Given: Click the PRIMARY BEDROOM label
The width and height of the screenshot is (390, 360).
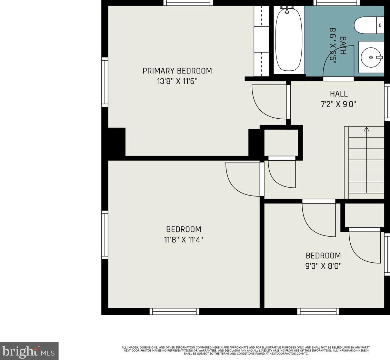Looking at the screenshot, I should coord(177,71).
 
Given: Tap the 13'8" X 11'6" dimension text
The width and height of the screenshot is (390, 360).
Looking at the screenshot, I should coord(177,81).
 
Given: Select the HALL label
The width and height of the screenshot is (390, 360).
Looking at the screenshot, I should coord(339,94).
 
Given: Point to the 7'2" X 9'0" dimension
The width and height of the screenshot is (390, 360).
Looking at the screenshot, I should coord(339,104).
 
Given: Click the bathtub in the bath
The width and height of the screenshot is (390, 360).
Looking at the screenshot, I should coord(289,39).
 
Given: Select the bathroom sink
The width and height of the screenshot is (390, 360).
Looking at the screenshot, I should coord(371,57).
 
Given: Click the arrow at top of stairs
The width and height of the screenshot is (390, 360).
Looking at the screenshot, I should coord(367,129).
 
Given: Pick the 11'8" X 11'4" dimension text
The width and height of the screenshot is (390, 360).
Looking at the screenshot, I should coord(183,240).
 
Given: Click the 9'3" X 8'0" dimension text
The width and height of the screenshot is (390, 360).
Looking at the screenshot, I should coord(323,266).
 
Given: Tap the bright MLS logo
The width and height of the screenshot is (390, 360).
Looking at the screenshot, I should coord(29,351).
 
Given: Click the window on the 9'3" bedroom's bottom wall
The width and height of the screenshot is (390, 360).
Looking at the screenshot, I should coord(318,311).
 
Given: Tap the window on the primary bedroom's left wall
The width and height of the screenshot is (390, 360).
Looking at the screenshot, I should coord(104,82).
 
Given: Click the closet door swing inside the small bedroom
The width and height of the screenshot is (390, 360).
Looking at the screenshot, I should coord(364,247).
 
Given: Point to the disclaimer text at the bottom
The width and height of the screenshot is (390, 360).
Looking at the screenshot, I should coord(246,350).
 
